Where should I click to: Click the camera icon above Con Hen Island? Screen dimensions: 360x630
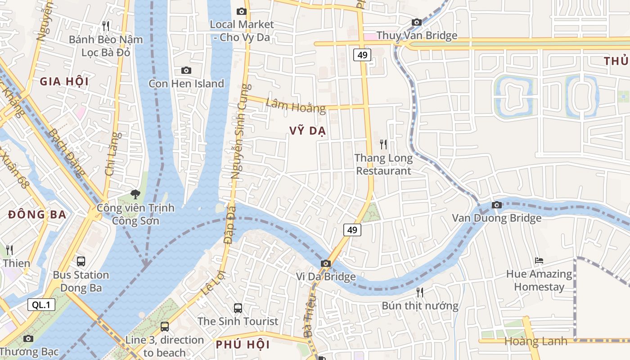[186, 70]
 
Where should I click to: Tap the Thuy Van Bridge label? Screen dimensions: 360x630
[417, 36]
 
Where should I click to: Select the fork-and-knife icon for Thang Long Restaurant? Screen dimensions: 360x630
[383, 144]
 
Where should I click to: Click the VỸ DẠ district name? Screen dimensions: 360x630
[308, 131]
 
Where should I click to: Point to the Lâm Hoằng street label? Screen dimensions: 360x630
[295, 105]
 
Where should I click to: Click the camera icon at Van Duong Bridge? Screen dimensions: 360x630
[496, 205]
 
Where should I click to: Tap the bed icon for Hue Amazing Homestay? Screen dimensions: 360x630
[539, 261]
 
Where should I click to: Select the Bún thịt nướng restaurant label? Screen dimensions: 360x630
[420, 306]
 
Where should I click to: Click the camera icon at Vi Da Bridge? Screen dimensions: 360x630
[326, 264]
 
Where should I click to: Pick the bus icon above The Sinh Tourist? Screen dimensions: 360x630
[238, 308]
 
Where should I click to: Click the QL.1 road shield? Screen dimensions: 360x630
[41, 305]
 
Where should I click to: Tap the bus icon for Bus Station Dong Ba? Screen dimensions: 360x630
[81, 261]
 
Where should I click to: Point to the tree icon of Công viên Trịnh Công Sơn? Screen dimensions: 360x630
[135, 194]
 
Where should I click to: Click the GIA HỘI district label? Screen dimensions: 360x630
[64, 81]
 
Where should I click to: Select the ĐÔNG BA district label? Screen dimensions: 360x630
[37, 215]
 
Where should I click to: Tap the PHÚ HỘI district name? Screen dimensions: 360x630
[243, 345]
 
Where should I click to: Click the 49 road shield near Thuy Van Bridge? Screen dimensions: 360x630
[362, 55]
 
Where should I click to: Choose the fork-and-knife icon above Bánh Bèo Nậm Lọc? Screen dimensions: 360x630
[106, 26]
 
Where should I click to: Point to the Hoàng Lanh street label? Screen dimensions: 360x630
[535, 341]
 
